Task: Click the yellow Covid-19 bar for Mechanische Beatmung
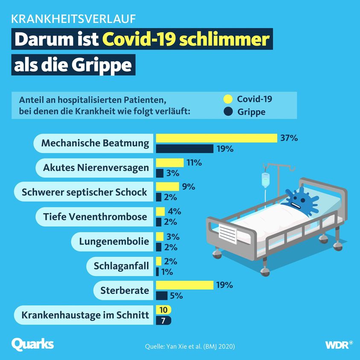217,138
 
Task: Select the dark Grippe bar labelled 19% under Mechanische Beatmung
184,149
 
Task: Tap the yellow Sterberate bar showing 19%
184,285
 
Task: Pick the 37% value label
289,138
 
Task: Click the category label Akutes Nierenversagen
96,168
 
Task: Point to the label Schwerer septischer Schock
84,192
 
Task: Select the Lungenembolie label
114,242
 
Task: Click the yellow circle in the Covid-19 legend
228,99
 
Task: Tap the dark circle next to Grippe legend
228,112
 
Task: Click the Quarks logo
32,343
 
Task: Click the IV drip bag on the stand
266,179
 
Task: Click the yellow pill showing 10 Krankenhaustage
164,310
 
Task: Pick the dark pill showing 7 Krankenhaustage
164,320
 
